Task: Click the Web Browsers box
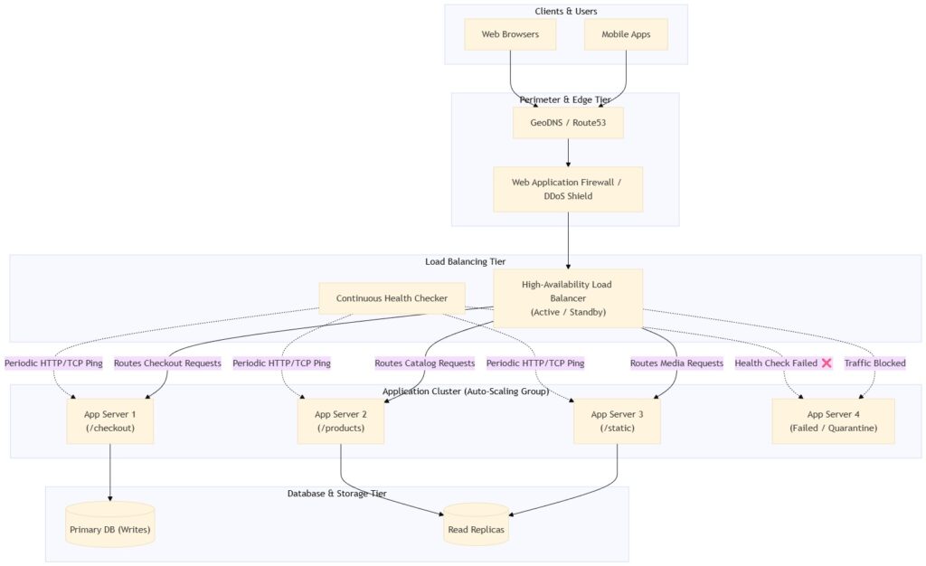click(510, 34)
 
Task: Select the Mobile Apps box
click(626, 34)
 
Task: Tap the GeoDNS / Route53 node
click(568, 123)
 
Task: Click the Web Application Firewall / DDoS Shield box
click(568, 189)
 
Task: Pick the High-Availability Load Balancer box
click(568, 298)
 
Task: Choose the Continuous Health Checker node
click(392, 298)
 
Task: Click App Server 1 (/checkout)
click(110, 421)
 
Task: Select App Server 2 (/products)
click(341, 421)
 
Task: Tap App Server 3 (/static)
click(617, 421)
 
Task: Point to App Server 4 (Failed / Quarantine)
click(833, 421)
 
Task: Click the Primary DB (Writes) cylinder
click(110, 524)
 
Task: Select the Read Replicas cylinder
click(476, 524)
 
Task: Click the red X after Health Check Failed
click(827, 363)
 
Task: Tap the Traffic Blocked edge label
click(874, 363)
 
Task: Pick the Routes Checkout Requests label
click(167, 363)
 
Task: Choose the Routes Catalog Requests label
click(425, 363)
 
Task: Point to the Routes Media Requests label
click(676, 363)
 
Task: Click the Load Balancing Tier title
click(466, 261)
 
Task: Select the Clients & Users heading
click(566, 11)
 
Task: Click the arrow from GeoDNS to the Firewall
click(568, 153)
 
